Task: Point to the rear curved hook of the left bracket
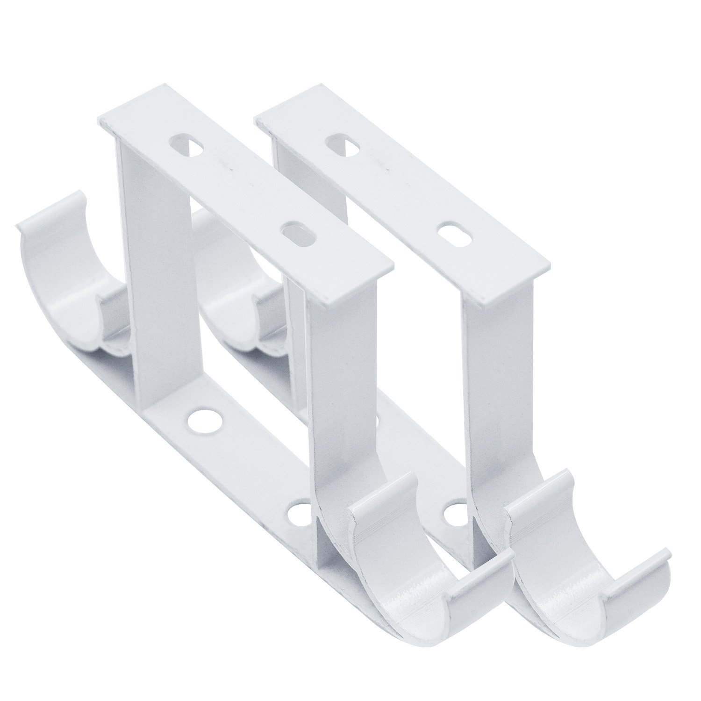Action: coord(70,262)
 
